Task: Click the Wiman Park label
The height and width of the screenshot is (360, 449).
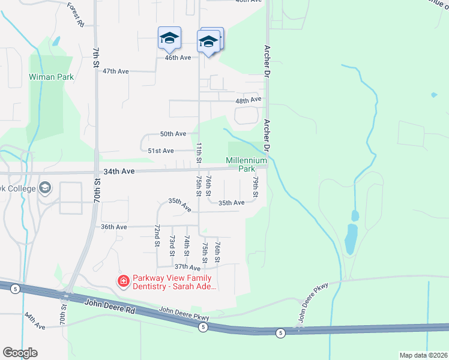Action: point(51,77)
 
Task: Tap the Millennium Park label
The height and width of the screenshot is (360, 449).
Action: point(246,165)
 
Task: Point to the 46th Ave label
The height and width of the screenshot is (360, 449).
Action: point(178,58)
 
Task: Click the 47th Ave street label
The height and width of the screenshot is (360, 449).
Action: point(115,71)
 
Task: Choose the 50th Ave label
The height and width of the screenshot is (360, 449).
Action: point(174,134)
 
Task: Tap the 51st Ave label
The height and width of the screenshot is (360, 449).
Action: point(161,151)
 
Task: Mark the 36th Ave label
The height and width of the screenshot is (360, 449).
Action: point(114,227)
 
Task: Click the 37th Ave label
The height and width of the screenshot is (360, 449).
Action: point(187,266)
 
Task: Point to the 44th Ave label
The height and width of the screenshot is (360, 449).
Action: point(35,324)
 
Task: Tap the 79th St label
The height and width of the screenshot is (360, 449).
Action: point(255,187)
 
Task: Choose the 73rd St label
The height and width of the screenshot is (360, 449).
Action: point(172,243)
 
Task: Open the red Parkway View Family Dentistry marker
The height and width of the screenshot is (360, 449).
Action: point(123,281)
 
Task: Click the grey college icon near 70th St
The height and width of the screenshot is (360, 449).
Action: point(44,188)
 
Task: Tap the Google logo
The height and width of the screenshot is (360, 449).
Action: point(20,353)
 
